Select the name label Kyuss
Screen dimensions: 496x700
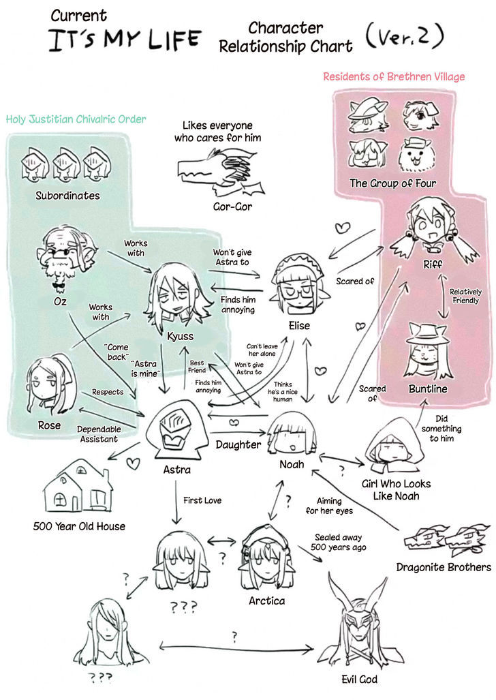click(181, 336)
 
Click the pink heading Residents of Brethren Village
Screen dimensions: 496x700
click(394, 77)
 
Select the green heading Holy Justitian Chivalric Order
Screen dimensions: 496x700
click(76, 119)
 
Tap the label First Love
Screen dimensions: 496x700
click(202, 500)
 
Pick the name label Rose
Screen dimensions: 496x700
click(49, 425)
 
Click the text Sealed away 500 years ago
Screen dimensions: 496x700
click(339, 543)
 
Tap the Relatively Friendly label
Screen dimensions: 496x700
click(465, 296)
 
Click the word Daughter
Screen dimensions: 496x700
click(238, 444)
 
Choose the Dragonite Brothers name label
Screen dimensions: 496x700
click(444, 567)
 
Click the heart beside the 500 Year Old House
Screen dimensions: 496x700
click(133, 463)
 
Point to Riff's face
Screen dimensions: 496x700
click(431, 228)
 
